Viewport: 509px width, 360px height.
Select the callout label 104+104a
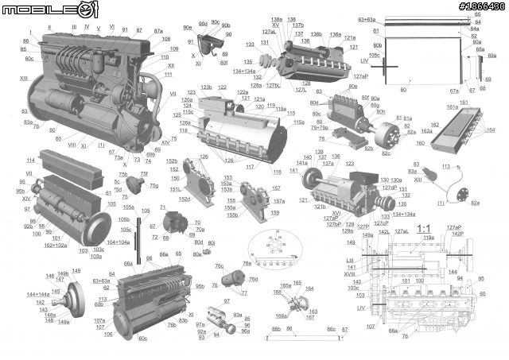pyautogui.click(x=119, y=242)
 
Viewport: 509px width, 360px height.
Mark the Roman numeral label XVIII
pyautogui.click(x=360, y=273)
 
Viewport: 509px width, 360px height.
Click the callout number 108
pyautogui.click(x=165, y=39)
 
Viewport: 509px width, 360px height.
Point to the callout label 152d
pyautogui.click(x=184, y=199)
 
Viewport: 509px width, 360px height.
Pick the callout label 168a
pyautogui.click(x=281, y=316)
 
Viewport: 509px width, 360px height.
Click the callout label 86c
pyautogui.click(x=331, y=328)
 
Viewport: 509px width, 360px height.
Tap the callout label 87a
pyautogui.click(x=157, y=30)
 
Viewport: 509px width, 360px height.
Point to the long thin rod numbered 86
pyautogui.click(x=302, y=335)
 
